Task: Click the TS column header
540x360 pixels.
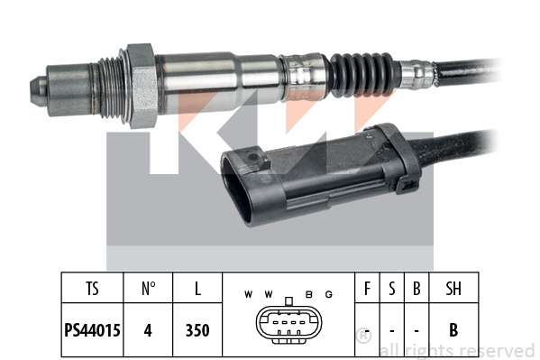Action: [x=92, y=289]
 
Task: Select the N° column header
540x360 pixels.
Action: [x=148, y=289]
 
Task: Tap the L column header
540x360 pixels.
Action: [x=197, y=289]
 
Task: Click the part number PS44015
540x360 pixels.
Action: [x=92, y=330]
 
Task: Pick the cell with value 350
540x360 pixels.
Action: [x=197, y=330]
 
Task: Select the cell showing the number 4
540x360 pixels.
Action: [x=148, y=330]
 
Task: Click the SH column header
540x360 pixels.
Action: [x=453, y=289]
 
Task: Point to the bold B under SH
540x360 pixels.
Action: [x=453, y=330]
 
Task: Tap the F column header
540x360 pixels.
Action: [x=368, y=289]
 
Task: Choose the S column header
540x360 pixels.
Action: [x=392, y=289]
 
